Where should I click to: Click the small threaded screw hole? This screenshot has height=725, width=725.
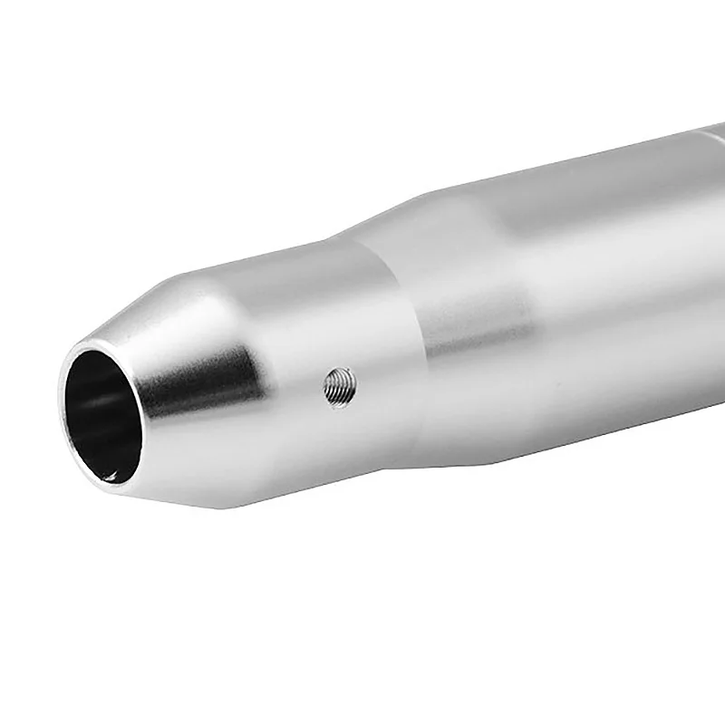[340, 387]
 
